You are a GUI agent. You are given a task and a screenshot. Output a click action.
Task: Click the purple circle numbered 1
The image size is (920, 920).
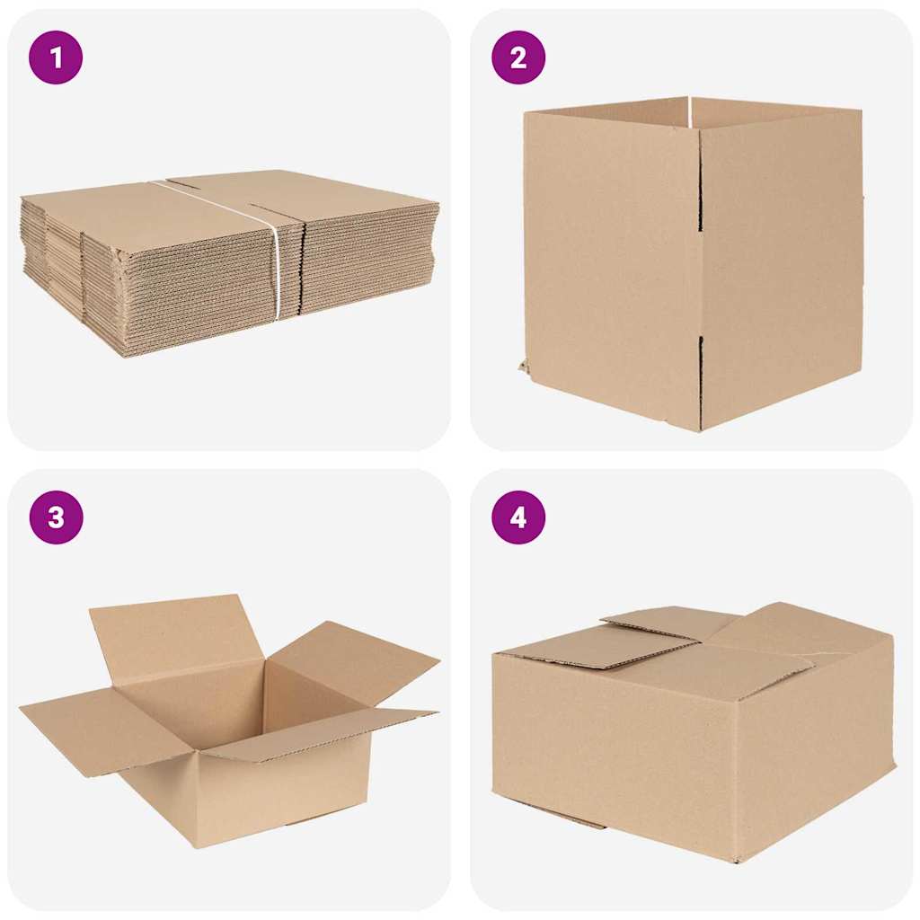(56, 57)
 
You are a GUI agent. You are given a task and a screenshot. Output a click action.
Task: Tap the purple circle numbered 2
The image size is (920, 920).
(518, 57)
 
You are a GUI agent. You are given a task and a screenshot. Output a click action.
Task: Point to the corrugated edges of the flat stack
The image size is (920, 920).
(180, 287)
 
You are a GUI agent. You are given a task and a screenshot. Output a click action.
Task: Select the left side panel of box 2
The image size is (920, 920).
(611, 261)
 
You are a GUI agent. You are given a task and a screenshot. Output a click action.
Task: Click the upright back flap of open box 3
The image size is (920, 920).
(175, 633)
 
